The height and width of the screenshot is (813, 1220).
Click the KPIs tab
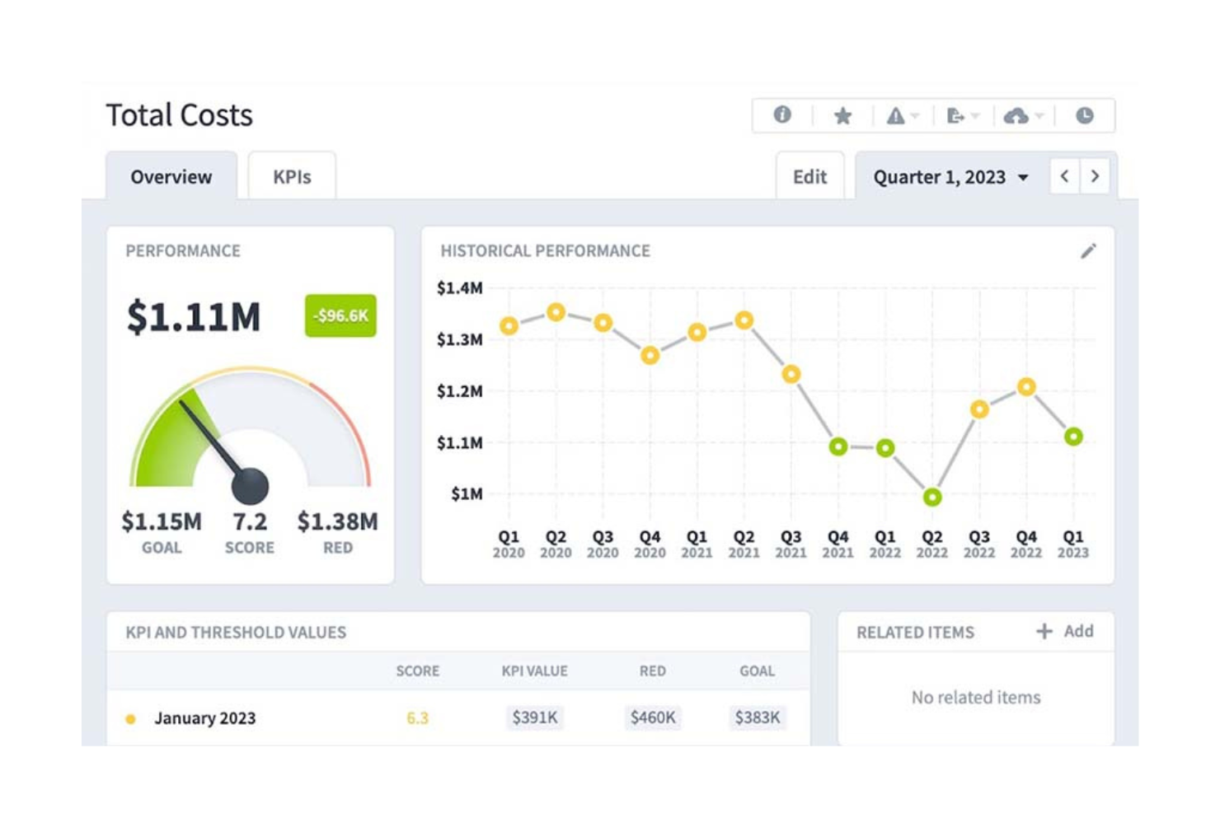click(292, 177)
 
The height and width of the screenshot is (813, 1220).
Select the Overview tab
click(171, 177)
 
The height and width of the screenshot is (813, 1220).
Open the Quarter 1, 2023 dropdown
click(950, 177)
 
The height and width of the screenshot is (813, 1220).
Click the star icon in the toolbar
click(842, 116)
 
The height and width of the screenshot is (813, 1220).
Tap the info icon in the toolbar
click(782, 115)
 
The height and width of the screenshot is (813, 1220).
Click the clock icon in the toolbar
click(1085, 116)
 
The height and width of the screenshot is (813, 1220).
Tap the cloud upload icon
click(1016, 116)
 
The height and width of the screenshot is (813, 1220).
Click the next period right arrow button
click(1095, 176)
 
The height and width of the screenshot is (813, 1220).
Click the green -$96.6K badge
click(340, 315)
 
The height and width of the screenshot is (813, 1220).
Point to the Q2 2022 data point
click(932, 497)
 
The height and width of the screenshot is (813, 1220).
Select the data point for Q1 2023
click(1073, 437)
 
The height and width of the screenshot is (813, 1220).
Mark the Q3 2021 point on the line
click(791, 375)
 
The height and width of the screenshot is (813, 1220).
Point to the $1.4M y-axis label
click(460, 288)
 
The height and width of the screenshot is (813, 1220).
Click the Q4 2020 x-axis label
click(650, 544)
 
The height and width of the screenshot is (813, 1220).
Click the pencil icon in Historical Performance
click(1088, 251)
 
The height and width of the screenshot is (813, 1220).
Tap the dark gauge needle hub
click(250, 486)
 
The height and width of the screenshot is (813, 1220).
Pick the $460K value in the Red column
click(653, 717)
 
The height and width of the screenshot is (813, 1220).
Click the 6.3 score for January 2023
click(418, 718)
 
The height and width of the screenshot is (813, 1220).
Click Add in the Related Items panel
click(1066, 631)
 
